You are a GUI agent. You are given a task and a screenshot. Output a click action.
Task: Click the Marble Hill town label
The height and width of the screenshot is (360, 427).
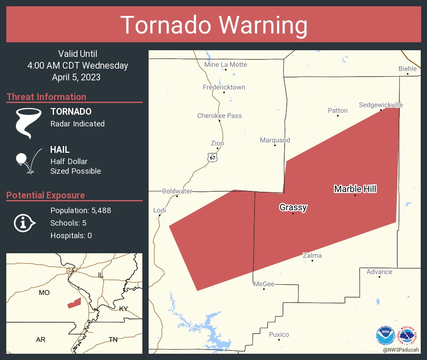pos(355,189)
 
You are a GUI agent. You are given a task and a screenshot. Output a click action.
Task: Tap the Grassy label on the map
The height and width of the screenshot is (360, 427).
pos(293,207)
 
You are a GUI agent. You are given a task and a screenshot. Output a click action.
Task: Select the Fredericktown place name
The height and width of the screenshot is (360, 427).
pos(224,87)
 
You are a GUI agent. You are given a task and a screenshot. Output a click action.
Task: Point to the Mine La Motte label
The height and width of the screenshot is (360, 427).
pos(226,64)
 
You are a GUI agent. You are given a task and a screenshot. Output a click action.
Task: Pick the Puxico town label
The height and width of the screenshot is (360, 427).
pos(279,334)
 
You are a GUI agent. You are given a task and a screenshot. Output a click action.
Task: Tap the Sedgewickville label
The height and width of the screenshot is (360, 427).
pos(381,105)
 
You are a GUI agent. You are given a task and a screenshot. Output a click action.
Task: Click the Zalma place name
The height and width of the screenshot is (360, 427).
pos(312,255)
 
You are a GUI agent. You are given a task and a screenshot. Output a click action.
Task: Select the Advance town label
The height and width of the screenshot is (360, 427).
pos(379,272)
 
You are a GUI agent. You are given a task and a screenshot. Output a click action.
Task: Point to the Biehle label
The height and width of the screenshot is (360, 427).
pos(407,68)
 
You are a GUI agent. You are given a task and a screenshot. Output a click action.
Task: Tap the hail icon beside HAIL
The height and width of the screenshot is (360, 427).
pos(28,161)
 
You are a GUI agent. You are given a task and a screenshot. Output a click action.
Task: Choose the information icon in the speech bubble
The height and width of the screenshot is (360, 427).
pos(24,223)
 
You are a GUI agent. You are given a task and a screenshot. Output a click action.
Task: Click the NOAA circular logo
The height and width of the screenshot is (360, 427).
pos(385,335)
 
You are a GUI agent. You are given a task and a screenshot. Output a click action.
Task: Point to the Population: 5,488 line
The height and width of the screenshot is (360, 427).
pos(80,211)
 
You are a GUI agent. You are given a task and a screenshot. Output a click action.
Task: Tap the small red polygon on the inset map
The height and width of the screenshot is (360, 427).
pos(74,303)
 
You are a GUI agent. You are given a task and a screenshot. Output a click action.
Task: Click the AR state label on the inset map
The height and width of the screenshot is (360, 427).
pos(41,339)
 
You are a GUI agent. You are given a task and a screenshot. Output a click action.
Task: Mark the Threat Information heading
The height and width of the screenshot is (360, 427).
pos(46,97)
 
